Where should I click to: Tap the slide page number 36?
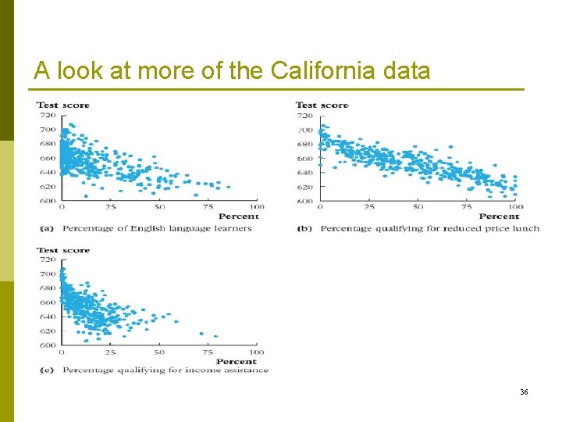[524, 391]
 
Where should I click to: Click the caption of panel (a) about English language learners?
[157, 229]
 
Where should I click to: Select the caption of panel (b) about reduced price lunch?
[429, 229]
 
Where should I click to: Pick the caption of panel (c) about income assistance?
[165, 370]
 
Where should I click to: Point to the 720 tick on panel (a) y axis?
[47, 116]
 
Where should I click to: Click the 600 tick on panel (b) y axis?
[304, 201]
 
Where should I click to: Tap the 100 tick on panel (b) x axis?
[514, 207]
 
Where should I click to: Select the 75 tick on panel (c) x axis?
[208, 352]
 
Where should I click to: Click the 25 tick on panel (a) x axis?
[111, 207]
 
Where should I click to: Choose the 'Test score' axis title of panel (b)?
[322, 105]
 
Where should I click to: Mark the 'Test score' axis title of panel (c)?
[63, 251]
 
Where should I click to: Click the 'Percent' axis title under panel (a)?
[238, 216]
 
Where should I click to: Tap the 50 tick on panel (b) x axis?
[418, 207]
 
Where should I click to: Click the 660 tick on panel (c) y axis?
[47, 302]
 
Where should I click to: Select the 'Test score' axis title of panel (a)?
[63, 105]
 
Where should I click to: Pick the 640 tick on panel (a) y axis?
[47, 173]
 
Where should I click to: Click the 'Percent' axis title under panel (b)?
[498, 216]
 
